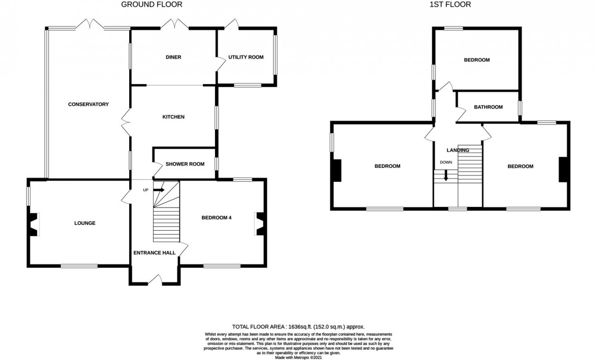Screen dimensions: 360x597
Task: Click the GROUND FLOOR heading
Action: tap(151, 5)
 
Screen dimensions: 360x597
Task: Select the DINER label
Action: tap(174, 57)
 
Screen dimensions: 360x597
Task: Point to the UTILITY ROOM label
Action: tap(246, 57)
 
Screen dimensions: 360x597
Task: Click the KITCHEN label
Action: tap(174, 117)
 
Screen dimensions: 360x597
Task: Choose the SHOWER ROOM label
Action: tap(185, 163)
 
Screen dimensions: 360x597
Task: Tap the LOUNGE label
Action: tap(85, 223)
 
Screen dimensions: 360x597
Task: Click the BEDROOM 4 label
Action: tap(217, 218)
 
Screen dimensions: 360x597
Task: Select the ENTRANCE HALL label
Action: tap(155, 252)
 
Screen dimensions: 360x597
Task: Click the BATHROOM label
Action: tap(488, 107)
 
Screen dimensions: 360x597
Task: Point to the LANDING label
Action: tap(458, 150)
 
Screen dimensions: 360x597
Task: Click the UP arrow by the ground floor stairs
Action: tap(159, 190)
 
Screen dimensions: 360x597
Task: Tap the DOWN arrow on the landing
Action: tap(446, 175)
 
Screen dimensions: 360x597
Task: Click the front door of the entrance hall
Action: tap(155, 280)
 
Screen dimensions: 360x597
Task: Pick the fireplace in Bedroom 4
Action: tap(259, 224)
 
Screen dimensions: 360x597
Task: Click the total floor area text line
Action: tap(298, 327)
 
